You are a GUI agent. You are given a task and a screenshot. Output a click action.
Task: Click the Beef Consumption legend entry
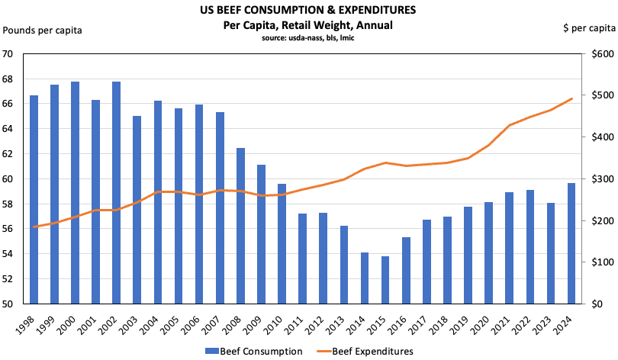pyautogui.click(x=253, y=351)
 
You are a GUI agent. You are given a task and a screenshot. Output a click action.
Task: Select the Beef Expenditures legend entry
pyautogui.click(x=369, y=351)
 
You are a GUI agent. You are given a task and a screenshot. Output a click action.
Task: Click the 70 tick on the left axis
pyautogui.click(x=13, y=54)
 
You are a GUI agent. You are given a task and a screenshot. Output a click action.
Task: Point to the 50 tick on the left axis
pyautogui.click(x=13, y=304)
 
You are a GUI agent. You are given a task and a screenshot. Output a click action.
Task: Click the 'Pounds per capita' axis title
pyautogui.click(x=43, y=30)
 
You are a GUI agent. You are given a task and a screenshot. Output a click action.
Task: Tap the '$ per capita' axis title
pyautogui.click(x=588, y=29)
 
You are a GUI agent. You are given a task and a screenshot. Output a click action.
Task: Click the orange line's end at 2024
pyautogui.click(x=572, y=98)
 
